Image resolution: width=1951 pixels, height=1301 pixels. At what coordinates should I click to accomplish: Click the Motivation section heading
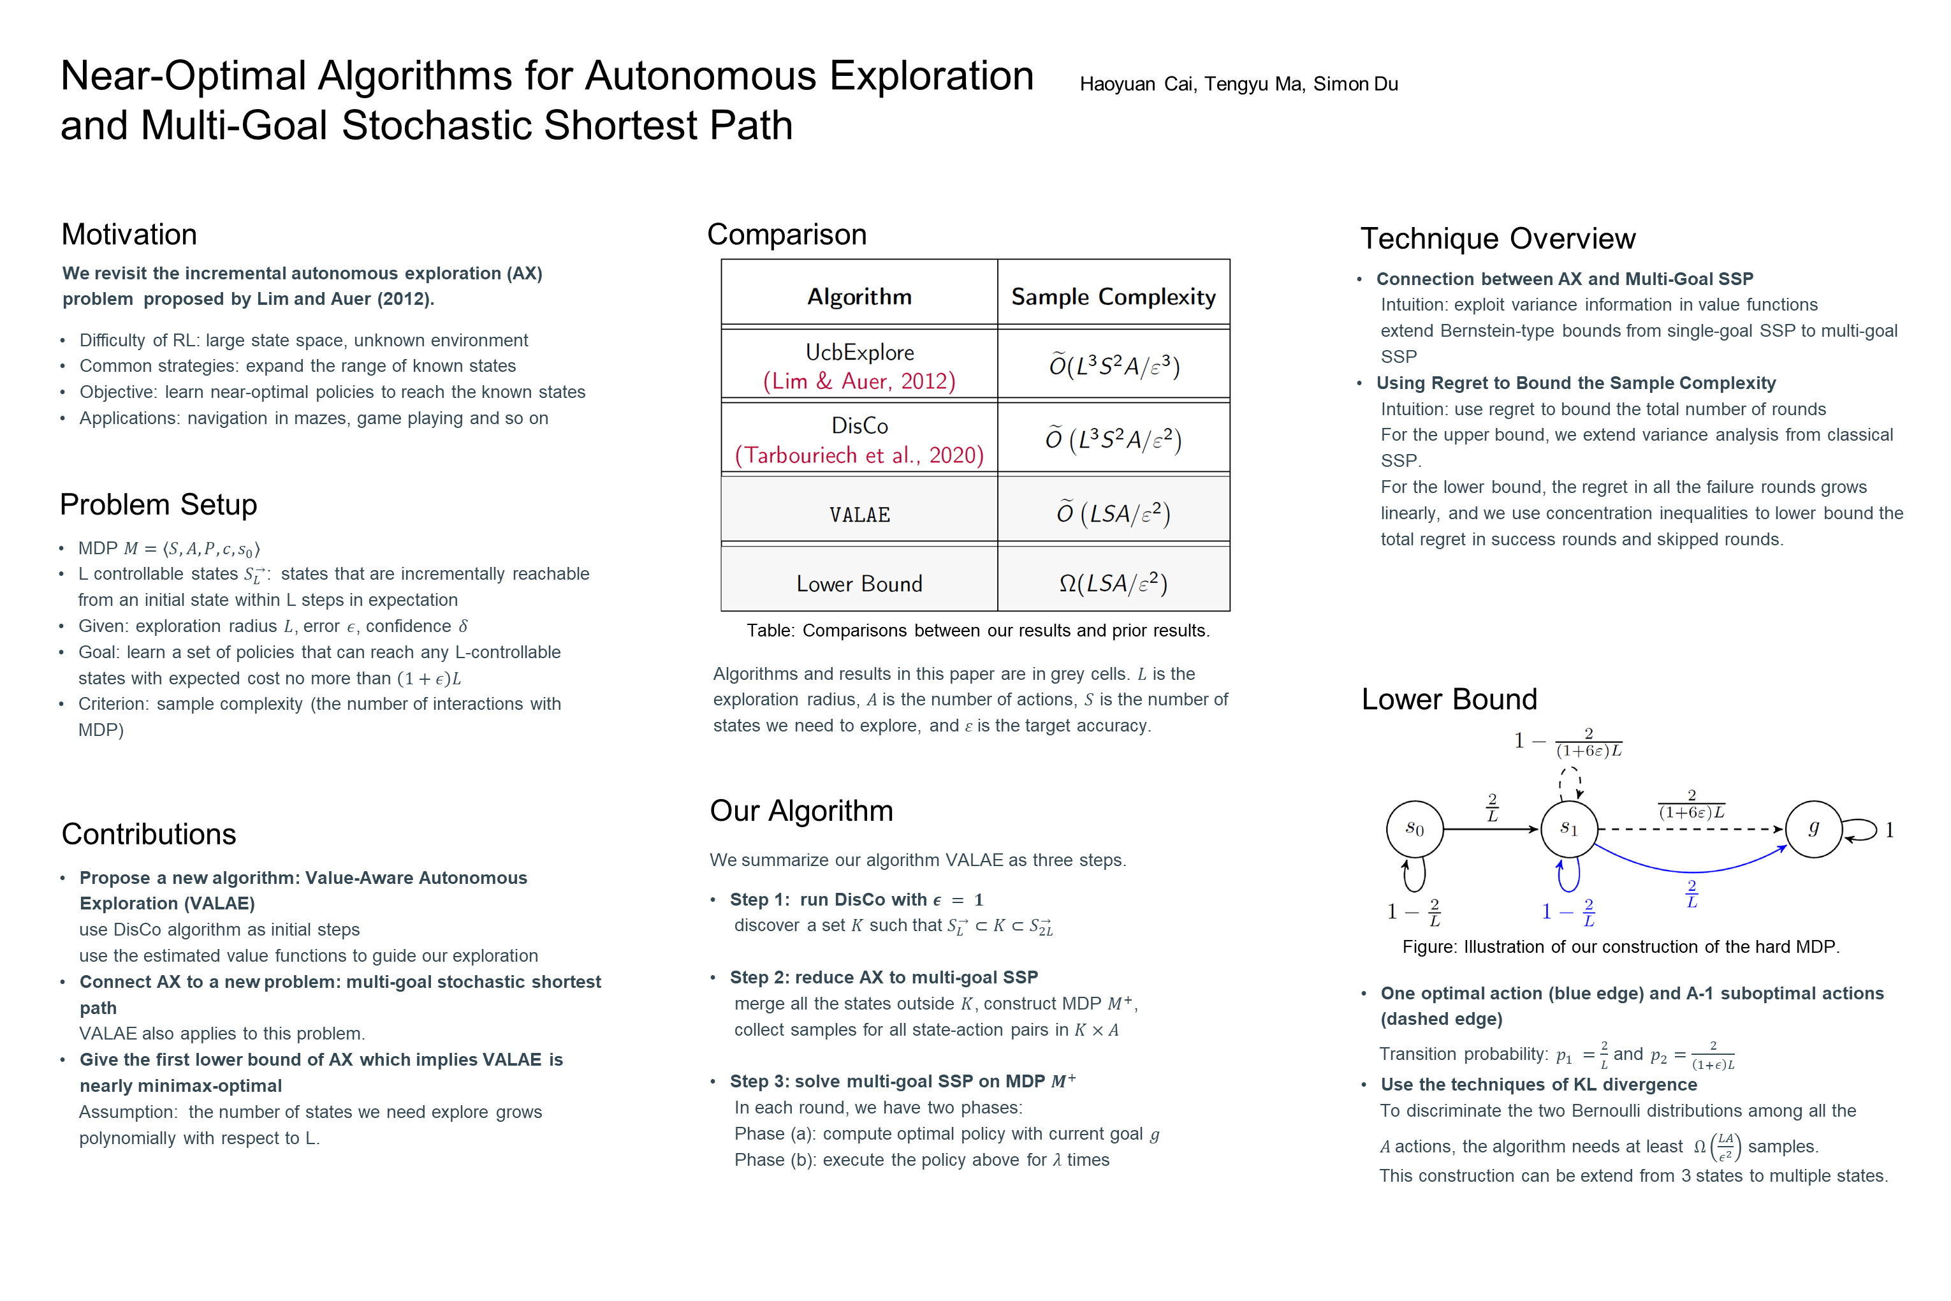[x=129, y=235]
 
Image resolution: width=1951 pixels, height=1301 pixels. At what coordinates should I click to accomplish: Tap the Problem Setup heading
[x=158, y=504]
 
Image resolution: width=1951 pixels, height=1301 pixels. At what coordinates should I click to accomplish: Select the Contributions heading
[x=149, y=834]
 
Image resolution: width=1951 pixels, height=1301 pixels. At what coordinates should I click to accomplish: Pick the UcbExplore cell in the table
[x=859, y=353]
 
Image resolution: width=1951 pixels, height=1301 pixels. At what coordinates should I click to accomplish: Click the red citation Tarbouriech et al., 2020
[x=859, y=455]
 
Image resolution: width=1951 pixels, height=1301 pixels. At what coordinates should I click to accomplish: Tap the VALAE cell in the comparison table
[x=859, y=515]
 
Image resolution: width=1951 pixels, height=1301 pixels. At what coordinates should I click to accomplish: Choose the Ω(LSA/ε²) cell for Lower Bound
[x=1113, y=584]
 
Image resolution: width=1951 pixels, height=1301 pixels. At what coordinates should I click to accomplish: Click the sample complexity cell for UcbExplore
[x=1113, y=366]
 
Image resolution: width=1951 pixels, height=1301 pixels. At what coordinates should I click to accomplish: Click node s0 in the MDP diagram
[x=1414, y=829]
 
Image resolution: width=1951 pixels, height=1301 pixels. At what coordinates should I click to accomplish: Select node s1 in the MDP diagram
[x=1568, y=829]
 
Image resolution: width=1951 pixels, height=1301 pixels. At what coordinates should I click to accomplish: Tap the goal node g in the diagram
[x=1813, y=829]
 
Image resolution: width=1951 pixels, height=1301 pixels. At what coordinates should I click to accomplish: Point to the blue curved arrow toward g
[x=1692, y=871]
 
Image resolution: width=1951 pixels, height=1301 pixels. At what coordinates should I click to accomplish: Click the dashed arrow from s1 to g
[x=1692, y=829]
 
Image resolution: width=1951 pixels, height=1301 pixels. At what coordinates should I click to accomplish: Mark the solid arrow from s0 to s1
[x=1491, y=829]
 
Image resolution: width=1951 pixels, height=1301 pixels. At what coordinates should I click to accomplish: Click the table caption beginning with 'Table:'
[x=978, y=631]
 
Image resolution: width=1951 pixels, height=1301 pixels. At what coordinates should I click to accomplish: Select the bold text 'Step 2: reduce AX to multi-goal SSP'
[x=884, y=978]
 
